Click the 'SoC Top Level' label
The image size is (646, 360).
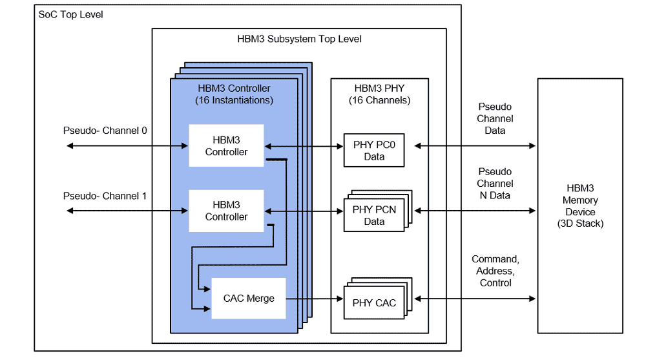(x=70, y=14)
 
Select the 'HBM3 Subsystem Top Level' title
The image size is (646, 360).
(x=299, y=39)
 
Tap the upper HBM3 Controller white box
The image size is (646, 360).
(x=226, y=146)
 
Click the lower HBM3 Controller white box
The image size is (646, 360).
(x=226, y=211)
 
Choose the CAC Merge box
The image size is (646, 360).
(x=249, y=299)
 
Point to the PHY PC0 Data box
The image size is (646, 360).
(x=374, y=151)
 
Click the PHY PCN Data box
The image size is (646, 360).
(x=374, y=215)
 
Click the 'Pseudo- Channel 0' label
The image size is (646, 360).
(x=105, y=131)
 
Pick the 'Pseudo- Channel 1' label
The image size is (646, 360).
(x=105, y=196)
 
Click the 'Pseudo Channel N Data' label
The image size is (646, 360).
(x=495, y=184)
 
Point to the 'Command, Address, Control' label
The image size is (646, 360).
(x=495, y=271)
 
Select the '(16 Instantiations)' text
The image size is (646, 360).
(x=234, y=100)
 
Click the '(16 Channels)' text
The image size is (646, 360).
(x=379, y=100)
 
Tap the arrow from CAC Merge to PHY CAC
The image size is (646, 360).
(x=313, y=299)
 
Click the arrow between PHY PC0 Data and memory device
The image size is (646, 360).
(x=475, y=146)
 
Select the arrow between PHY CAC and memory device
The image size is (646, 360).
(x=475, y=299)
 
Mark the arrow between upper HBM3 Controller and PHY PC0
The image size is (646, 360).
(x=303, y=146)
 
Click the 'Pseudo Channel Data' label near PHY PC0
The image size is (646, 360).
(x=495, y=118)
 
